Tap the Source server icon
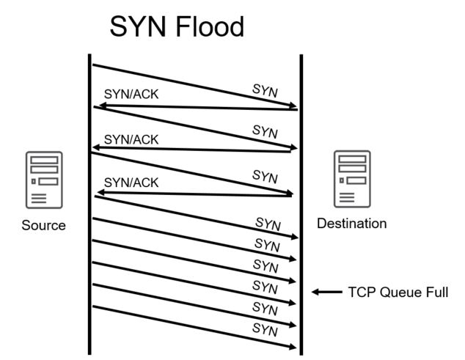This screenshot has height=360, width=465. point(45,178)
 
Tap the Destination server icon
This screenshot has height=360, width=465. point(352,178)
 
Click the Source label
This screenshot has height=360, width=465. point(45,225)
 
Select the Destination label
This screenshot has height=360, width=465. point(351,223)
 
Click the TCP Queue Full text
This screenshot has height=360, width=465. point(398,292)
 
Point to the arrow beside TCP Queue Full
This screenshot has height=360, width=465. point(326,292)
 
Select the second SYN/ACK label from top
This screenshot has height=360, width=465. point(132,139)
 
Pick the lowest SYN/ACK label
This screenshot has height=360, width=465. point(132,182)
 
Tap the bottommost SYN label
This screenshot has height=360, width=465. point(266,329)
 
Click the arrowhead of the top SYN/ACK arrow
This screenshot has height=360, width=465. point(98,107)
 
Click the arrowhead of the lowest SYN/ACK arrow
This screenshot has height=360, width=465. point(100,194)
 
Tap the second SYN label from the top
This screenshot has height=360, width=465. point(266,132)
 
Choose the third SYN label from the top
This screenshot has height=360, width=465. point(266,176)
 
